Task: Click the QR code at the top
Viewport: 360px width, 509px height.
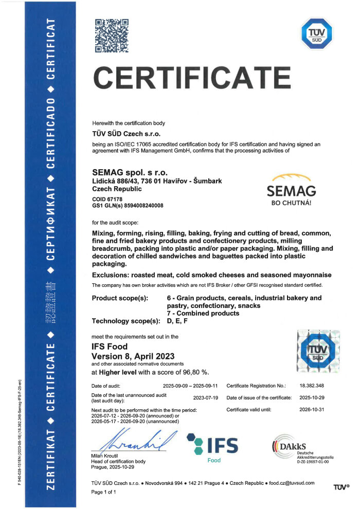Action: [112, 35]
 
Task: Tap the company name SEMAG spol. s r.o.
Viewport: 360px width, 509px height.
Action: [130, 171]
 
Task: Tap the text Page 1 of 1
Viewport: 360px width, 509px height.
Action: [104, 493]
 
